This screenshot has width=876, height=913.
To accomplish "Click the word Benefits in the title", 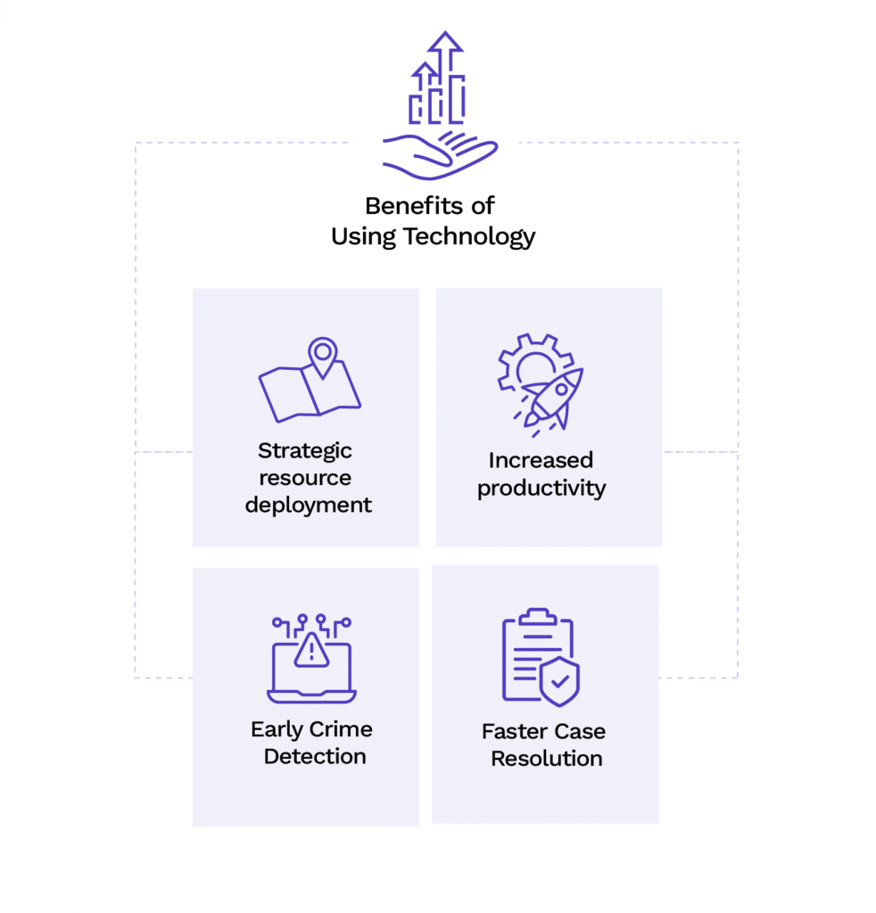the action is pyautogui.click(x=414, y=206).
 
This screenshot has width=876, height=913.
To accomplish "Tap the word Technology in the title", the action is pyautogui.click(x=469, y=237).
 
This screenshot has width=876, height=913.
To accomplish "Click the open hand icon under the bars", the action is pyautogui.click(x=440, y=155).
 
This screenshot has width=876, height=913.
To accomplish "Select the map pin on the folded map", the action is pyautogui.click(x=323, y=357).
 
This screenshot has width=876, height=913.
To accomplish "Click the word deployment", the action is pyautogui.click(x=308, y=505).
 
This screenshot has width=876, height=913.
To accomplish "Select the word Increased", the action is pyautogui.click(x=541, y=460).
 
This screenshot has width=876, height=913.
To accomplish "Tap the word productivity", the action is pyautogui.click(x=541, y=488).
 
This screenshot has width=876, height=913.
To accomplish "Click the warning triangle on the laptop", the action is pyautogui.click(x=311, y=650).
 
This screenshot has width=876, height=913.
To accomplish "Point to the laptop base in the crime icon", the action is pyautogui.click(x=311, y=695).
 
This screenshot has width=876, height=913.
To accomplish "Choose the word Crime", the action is pyautogui.click(x=341, y=729).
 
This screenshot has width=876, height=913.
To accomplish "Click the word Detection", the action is pyautogui.click(x=315, y=756).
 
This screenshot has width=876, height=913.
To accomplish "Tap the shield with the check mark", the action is pyautogui.click(x=559, y=681).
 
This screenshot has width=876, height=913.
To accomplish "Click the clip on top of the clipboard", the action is pyautogui.click(x=538, y=617).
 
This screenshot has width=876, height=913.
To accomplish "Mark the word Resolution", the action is pyautogui.click(x=546, y=759).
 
